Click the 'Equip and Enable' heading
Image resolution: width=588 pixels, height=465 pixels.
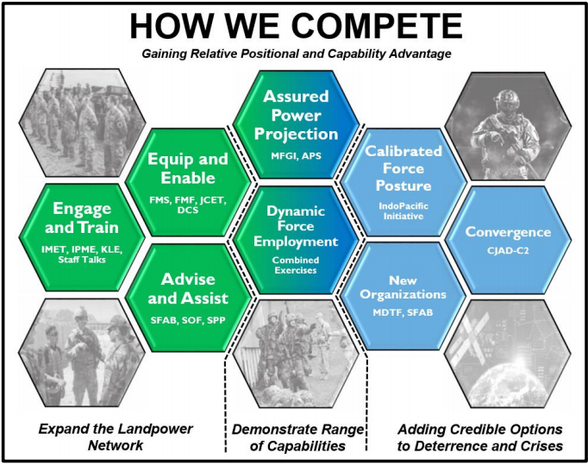(187, 168)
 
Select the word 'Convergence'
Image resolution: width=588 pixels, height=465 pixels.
(507, 232)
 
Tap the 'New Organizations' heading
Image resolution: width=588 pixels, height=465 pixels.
(403, 287)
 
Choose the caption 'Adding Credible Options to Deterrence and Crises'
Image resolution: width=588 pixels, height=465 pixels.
(480, 437)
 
